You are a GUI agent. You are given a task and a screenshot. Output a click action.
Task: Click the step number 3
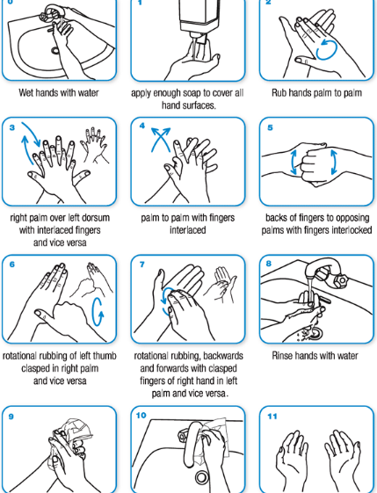(x=12, y=127)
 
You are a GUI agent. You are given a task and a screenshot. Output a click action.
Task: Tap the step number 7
(x=142, y=265)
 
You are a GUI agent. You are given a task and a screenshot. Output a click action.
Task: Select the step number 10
(x=141, y=416)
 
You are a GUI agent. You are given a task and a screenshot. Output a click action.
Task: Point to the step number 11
(x=272, y=417)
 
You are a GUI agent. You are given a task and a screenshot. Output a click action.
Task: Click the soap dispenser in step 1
(x=196, y=18)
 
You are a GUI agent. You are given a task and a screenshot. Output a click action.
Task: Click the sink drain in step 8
(x=315, y=333)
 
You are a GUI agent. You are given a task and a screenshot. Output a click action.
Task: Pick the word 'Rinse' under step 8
(x=283, y=356)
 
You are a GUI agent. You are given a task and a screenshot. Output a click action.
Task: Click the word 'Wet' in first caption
(x=26, y=93)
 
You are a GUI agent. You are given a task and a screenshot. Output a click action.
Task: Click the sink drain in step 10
(x=202, y=477)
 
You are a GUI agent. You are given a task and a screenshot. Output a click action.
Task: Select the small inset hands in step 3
(x=93, y=145)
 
